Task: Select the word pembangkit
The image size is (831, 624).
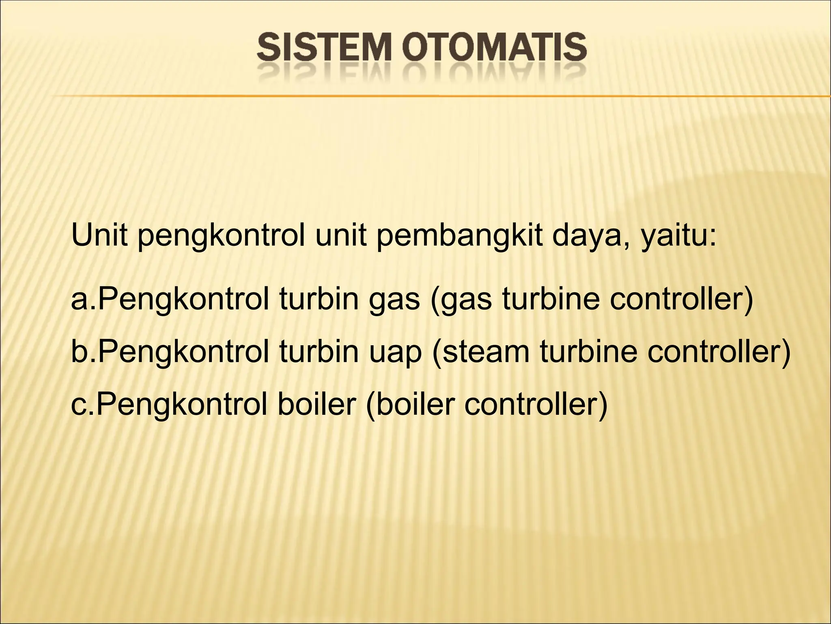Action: coord(460,237)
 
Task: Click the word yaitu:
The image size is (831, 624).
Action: coord(679,237)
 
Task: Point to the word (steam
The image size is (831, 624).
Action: coord(481,352)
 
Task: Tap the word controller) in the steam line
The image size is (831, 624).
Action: coord(719,352)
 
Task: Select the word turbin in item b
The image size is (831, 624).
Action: coord(319,352)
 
